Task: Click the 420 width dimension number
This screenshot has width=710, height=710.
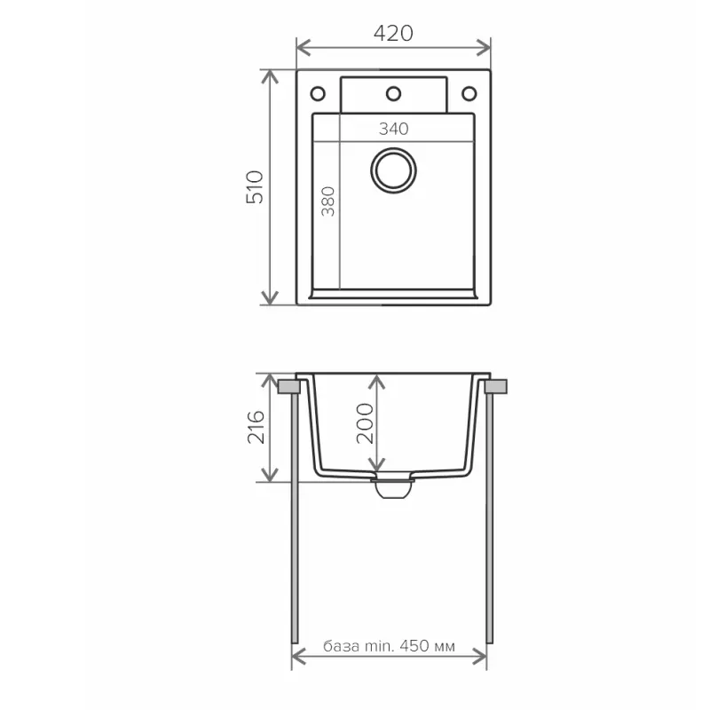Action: (x=393, y=33)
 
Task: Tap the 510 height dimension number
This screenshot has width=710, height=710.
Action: (x=255, y=187)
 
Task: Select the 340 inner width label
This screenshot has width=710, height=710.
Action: (x=393, y=129)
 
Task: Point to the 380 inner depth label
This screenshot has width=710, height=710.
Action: (x=328, y=201)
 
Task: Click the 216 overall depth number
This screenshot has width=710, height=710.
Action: (x=256, y=427)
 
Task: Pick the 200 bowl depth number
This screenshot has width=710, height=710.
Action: (x=365, y=423)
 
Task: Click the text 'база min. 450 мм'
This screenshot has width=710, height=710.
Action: (x=389, y=646)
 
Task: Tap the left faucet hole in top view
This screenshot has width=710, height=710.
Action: (x=318, y=94)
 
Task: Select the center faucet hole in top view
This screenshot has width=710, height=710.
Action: (x=393, y=94)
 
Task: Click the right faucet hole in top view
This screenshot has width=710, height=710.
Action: (x=469, y=94)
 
